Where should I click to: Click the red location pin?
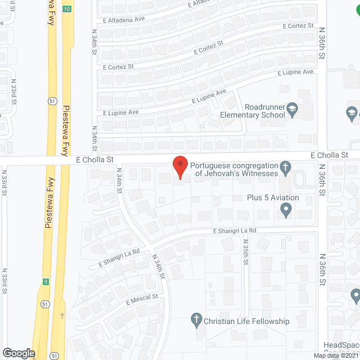click(179, 167)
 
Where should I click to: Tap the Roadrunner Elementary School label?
click(265, 111)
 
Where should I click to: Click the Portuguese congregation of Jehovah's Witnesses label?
click(234, 169)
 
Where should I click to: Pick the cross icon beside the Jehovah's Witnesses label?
click(286, 167)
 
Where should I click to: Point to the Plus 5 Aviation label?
click(273, 197)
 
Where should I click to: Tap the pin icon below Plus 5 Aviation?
click(286, 210)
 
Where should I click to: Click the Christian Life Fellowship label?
click(247, 321)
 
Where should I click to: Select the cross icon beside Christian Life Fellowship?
click(196, 320)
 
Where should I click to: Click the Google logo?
click(18, 353)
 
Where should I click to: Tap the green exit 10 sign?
click(67, 9)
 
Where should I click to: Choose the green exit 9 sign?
click(45, 281)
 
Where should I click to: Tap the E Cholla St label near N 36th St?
click(331, 155)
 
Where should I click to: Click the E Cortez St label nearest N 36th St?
click(298, 26)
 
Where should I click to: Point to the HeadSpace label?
click(341, 345)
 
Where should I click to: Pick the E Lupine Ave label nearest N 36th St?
click(296, 72)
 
